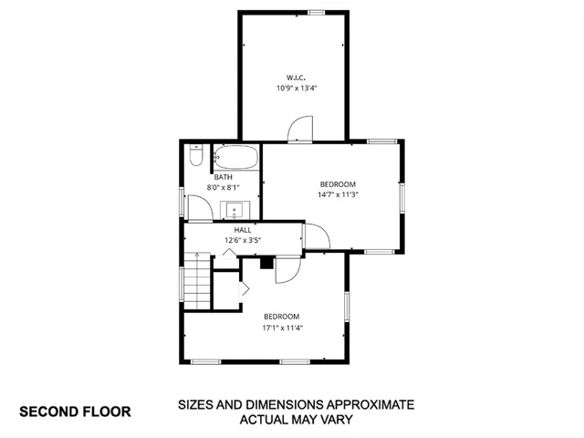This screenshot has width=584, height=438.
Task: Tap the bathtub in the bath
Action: click(x=235, y=156)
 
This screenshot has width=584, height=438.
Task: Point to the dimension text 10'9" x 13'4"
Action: click(x=297, y=89)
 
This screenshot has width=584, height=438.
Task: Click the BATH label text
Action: click(x=224, y=177)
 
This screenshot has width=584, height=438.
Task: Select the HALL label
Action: click(x=243, y=230)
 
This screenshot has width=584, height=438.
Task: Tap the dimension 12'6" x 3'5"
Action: click(x=243, y=241)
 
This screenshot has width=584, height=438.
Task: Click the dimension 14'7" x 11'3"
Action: click(x=337, y=194)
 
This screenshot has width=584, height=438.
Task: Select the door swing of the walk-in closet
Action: click(x=301, y=131)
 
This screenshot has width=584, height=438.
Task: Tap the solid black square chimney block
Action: click(x=266, y=263)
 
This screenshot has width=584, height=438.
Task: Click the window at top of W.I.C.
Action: click(x=317, y=12)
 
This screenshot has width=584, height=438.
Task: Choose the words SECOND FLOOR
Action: click(x=75, y=412)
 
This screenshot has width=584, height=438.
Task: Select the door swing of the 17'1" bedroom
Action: click(x=286, y=268)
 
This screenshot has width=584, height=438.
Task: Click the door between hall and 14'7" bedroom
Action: click(x=316, y=236)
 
